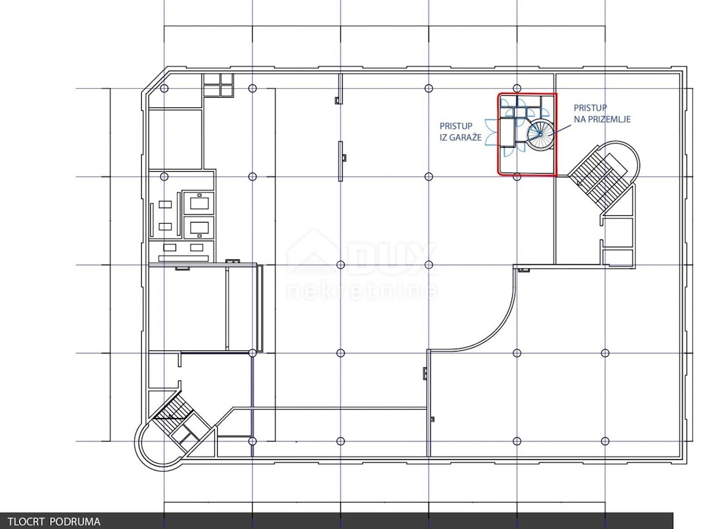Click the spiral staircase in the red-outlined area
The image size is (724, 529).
[x=540, y=134]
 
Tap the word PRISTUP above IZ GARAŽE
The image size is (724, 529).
[x=456, y=126]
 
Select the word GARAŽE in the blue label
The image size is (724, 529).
[x=465, y=137]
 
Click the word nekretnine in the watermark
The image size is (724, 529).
[x=362, y=291]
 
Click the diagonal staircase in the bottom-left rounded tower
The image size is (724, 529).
[x=174, y=414]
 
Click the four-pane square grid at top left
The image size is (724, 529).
[x=218, y=85]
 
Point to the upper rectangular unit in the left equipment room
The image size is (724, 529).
[x=199, y=203]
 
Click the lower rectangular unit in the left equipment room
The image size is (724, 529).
[x=199, y=227]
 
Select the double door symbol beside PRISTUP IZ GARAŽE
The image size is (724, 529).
[x=491, y=133]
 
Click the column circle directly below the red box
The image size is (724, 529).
[x=517, y=177]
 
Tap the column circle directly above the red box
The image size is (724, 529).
[x=517, y=88]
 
